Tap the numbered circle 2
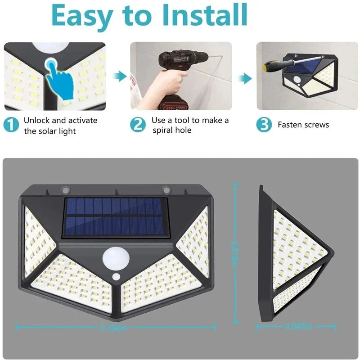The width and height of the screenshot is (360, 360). coord(138,125)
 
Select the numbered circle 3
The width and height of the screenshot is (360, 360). coord(264,125)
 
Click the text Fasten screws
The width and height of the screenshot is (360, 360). coord(303,125)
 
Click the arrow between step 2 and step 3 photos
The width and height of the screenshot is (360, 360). coord(244,79)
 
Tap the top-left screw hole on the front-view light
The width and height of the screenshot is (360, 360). coord(65,189)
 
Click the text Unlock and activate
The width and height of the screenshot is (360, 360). coord(60,120)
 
